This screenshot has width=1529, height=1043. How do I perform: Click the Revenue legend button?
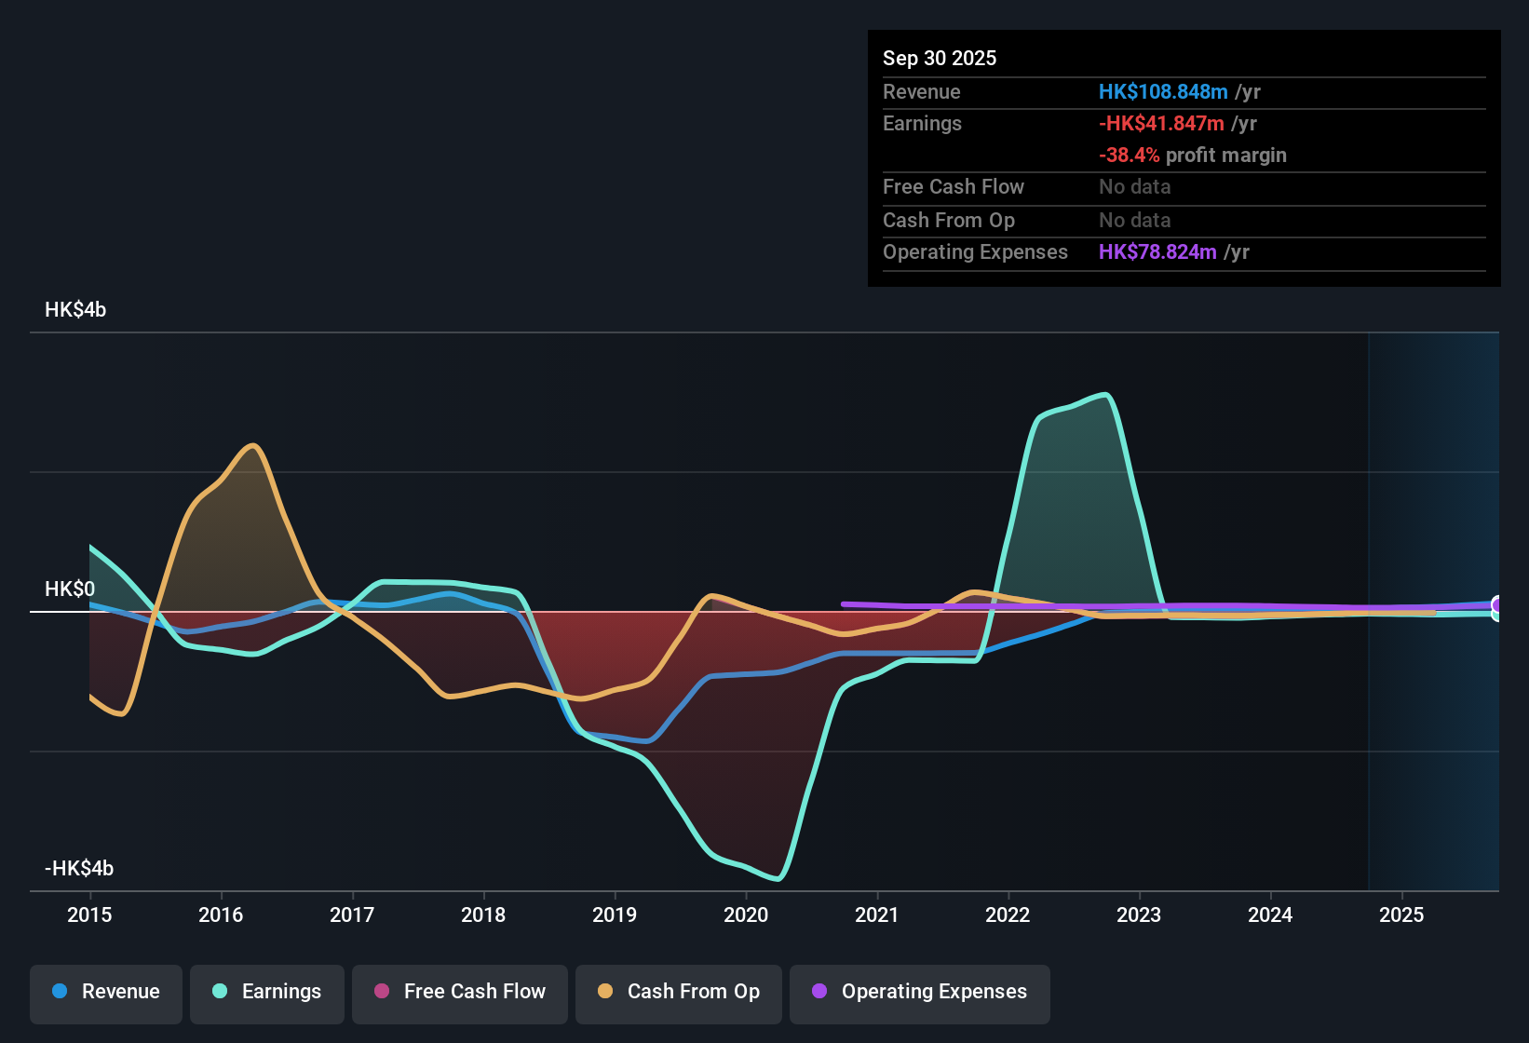tap(106, 992)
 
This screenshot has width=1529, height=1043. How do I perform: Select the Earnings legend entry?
tap(267, 992)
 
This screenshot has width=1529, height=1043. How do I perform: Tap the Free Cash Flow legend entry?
tap(460, 992)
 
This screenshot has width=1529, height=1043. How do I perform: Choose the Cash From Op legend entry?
tap(679, 992)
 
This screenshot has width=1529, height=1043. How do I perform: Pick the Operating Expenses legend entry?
tap(920, 992)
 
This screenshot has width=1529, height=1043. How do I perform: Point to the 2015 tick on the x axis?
tap(89, 914)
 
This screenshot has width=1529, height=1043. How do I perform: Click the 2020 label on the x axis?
tap(746, 914)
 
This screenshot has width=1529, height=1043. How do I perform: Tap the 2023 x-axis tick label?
tap(1139, 914)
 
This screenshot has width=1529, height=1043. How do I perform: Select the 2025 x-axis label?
tap(1401, 914)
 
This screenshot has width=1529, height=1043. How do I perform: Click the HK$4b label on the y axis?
tap(75, 310)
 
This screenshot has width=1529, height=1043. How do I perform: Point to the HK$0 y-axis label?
tap(70, 589)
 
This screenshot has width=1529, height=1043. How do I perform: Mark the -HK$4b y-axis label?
tap(79, 869)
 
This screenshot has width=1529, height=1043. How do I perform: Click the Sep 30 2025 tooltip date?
tap(940, 58)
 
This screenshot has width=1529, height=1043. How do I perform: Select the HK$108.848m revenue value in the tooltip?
tap(1163, 91)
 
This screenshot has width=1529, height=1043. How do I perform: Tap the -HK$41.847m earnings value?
tap(1161, 123)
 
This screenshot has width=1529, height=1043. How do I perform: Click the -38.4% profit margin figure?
tap(1129, 155)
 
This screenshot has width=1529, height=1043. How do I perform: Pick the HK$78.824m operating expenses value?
tap(1157, 251)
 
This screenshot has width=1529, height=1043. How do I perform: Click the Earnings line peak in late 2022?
tap(1106, 395)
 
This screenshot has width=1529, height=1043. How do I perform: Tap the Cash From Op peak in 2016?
tap(252, 445)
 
